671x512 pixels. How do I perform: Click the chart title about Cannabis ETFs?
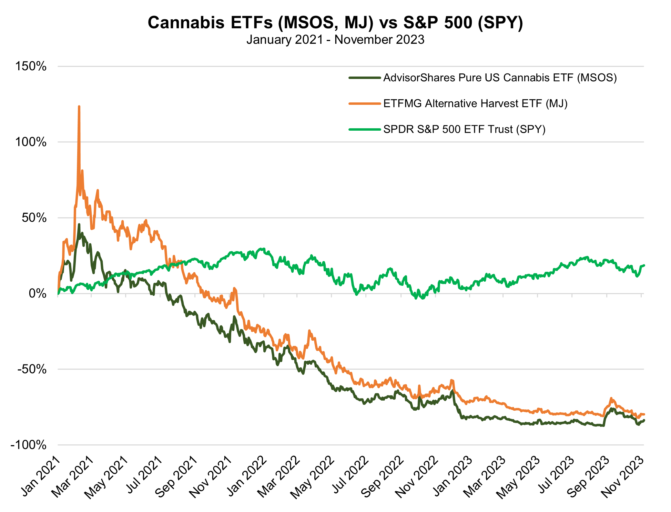335,23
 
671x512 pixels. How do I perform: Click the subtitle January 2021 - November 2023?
335,40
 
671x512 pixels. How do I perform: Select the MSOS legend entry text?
500,78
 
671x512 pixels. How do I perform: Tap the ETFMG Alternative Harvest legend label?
475,103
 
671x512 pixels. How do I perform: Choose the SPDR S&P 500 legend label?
464,129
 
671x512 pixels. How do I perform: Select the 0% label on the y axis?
37,294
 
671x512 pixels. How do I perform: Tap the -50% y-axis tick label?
32,369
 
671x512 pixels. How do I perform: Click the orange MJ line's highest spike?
79,107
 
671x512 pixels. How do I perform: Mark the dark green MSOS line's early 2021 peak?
79,224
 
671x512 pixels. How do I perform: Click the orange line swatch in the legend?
364,103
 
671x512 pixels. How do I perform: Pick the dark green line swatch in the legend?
364,78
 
